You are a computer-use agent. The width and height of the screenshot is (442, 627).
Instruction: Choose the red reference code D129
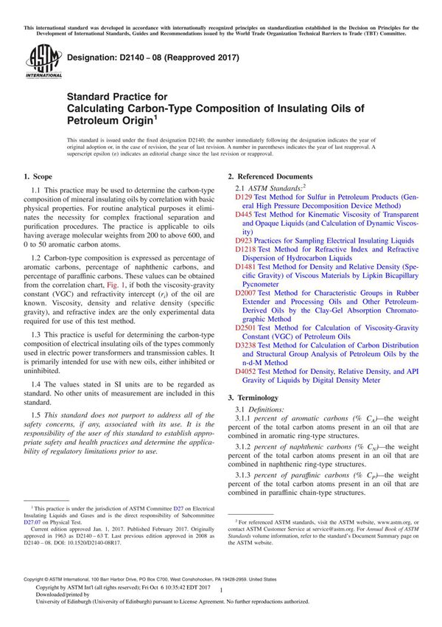point(244,199)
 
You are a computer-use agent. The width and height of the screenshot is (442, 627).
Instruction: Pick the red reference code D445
point(244,214)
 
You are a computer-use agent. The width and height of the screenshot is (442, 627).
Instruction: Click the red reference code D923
point(244,240)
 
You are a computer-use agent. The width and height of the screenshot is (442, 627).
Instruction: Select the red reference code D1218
point(246,250)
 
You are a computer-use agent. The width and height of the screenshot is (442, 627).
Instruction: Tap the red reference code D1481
point(246,266)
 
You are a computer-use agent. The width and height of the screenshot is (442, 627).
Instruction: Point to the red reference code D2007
point(246,293)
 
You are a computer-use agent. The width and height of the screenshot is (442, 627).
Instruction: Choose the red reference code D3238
point(246,345)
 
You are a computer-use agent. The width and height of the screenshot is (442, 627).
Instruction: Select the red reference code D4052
point(246,372)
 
